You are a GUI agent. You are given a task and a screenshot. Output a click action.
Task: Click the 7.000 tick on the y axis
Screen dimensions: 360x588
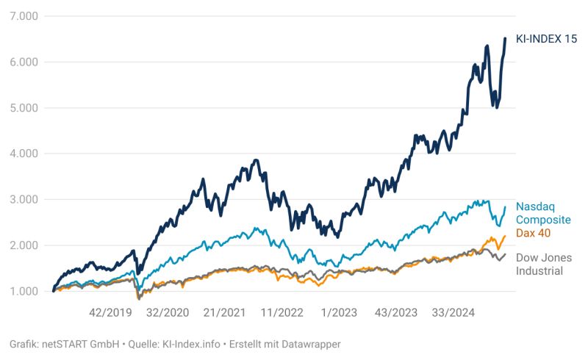(25, 16)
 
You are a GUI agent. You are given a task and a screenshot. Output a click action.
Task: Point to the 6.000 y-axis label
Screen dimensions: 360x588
(25, 62)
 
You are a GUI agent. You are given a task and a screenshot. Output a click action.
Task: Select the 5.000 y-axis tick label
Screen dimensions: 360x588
(25, 108)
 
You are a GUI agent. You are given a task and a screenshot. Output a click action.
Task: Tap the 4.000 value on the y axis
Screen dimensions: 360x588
(25, 154)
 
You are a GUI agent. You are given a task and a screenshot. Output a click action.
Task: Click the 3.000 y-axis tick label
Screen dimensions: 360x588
(25, 200)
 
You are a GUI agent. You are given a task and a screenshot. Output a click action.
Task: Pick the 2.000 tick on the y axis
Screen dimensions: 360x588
(25, 245)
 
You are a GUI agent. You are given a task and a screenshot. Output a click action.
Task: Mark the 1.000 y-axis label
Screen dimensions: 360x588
(25, 292)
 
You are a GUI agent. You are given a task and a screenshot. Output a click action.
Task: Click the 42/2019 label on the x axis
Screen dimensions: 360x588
(110, 312)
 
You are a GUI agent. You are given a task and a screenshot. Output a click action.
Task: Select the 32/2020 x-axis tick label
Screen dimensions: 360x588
(167, 312)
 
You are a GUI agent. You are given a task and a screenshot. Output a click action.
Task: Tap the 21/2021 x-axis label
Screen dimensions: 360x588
(223, 312)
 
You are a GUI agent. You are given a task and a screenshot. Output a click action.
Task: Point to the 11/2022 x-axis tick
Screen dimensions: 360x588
(281, 312)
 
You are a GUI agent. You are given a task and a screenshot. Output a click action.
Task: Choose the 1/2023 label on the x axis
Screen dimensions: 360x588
(340, 312)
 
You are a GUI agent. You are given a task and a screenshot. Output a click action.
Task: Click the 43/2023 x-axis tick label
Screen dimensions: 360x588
(395, 312)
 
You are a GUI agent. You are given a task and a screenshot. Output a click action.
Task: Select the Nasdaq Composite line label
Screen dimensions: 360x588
(542, 213)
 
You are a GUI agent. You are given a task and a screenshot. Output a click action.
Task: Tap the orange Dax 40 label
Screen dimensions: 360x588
(533, 233)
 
